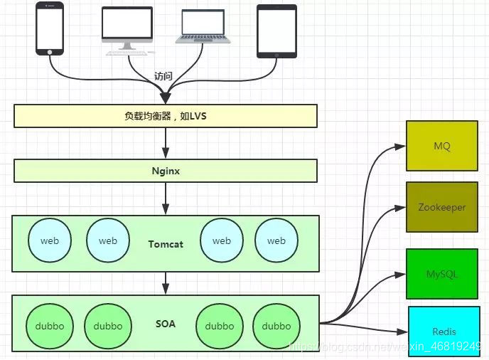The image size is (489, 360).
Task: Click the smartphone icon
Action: tap(50, 28)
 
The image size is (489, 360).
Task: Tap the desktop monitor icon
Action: tap(127, 31)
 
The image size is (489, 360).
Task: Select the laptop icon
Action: tap(203, 26)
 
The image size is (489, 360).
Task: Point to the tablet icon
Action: tap(276, 31)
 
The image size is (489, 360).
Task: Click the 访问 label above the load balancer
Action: tap(163, 76)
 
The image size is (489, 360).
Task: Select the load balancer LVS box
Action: tap(166, 116)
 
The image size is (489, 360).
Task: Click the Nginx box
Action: tap(166, 171)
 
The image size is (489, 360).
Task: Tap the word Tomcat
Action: tap(166, 244)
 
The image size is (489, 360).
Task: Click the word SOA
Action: tap(166, 324)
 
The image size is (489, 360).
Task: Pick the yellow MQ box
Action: tap(442, 146)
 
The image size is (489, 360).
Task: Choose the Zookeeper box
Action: tap(442, 207)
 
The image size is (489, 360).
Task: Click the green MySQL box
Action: tap(442, 274)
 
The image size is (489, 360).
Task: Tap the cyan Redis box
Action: tap(444, 332)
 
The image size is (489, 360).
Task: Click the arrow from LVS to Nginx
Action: tap(166, 143)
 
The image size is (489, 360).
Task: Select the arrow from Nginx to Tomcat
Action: tap(166, 198)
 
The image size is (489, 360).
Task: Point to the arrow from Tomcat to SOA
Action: tap(166, 283)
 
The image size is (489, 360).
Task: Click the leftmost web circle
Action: tap(50, 240)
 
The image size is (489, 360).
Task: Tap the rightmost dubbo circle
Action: tap(276, 326)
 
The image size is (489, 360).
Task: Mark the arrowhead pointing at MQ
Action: tap(400, 146)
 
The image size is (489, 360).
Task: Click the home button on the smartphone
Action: tap(50, 52)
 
